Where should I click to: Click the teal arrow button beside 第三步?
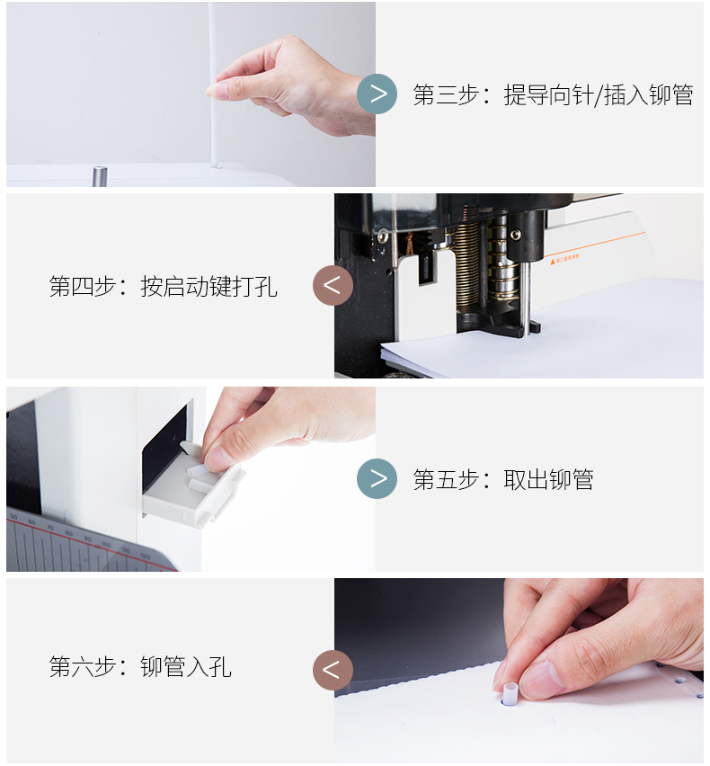[x=377, y=94]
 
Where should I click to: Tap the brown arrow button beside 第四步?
[x=333, y=285]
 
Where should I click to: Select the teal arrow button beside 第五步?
[x=377, y=478]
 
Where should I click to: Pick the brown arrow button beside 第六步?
[x=333, y=670]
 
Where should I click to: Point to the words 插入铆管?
[x=649, y=94]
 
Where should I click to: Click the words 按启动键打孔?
[x=209, y=286]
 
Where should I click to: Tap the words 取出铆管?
[x=549, y=479]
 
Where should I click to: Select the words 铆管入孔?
[x=186, y=667]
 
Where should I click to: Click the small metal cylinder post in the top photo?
[x=100, y=176]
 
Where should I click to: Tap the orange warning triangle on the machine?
[x=553, y=262]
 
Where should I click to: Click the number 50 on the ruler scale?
[x=13, y=517]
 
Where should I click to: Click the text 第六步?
[x=82, y=667]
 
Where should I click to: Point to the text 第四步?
[x=82, y=286]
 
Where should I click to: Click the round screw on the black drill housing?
[x=515, y=235]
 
